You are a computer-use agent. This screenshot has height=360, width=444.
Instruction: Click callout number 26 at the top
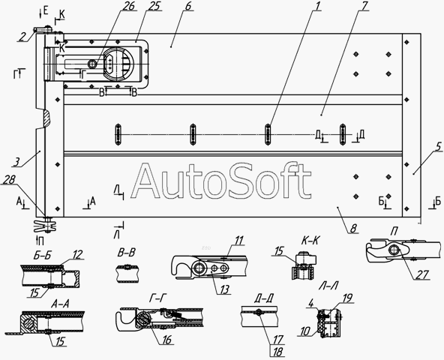click(x=128, y=6)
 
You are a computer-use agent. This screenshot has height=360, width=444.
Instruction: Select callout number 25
click(x=153, y=6)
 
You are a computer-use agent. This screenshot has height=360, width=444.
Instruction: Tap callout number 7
click(x=363, y=6)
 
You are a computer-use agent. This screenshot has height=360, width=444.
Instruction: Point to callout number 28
click(x=9, y=179)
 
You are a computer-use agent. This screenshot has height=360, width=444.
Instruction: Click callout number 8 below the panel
click(x=353, y=228)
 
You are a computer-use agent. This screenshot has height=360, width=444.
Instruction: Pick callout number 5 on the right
click(x=438, y=147)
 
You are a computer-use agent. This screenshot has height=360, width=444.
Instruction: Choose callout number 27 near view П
click(x=422, y=274)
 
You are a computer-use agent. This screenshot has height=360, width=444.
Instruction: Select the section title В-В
click(x=126, y=253)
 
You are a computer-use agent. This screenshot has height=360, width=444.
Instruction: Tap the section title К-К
click(x=310, y=241)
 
